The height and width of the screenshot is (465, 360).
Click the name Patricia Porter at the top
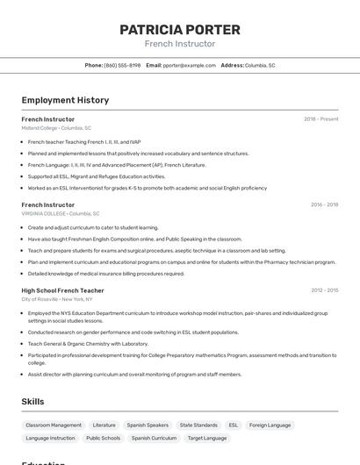coord(179,30)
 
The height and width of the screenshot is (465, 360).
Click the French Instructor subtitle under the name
coord(179,44)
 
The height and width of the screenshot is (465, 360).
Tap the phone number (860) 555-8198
coord(122,65)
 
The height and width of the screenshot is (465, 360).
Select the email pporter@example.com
coord(189,65)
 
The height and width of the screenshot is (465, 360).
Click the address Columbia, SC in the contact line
coord(260,65)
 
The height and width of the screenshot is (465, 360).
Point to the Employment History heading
coord(65,100)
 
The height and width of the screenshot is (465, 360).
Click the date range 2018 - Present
coord(320,119)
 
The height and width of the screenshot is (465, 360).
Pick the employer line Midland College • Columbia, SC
coord(56,128)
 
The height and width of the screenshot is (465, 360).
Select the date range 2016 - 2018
coord(324,204)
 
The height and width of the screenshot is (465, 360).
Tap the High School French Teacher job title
coord(62,290)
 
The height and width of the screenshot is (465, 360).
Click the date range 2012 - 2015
coord(324,290)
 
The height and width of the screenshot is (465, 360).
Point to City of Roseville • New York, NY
coord(57,299)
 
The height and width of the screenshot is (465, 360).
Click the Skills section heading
coord(32,401)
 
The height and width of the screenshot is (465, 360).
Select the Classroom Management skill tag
coord(54,425)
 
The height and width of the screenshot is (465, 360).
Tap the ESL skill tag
coord(234,425)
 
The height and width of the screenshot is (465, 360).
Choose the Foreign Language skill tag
coord(270,425)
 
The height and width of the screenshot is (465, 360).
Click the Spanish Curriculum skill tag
coord(154,438)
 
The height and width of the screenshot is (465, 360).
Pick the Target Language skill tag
coord(207,438)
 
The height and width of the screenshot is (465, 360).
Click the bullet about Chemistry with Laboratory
coord(88,344)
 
